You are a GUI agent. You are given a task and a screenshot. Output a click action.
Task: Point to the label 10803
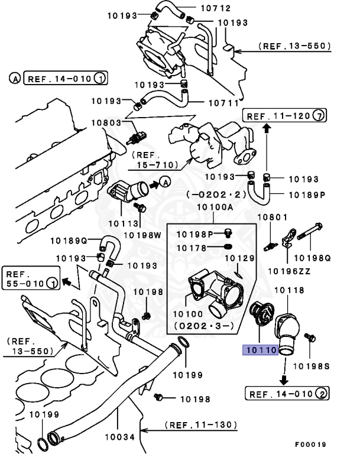point(106,122)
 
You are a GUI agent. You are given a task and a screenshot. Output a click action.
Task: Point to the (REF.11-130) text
point(201,424)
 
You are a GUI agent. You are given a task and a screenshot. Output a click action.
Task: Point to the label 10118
point(290,290)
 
